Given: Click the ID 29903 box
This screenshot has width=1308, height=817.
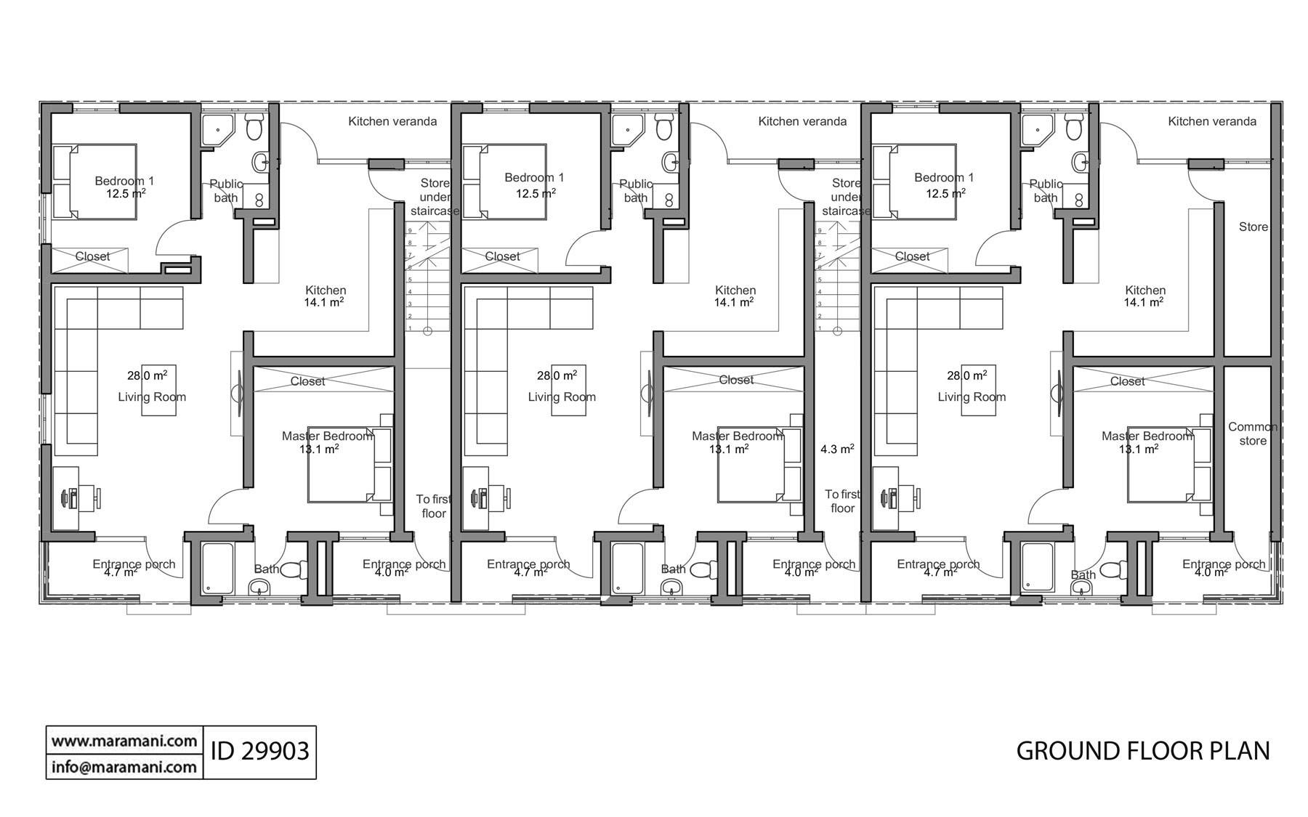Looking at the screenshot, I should (x=259, y=751).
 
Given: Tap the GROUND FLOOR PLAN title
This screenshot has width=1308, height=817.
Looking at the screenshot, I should (x=1142, y=751).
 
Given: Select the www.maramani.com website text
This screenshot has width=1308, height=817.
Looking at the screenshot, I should (x=124, y=741).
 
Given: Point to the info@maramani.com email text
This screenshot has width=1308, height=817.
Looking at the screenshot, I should (x=124, y=767).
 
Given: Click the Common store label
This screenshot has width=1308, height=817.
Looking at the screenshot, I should (x=1252, y=434).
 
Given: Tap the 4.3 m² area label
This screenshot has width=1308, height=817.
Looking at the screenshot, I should (x=836, y=450).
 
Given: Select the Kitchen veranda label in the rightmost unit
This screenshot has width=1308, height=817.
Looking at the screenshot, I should (x=1211, y=121).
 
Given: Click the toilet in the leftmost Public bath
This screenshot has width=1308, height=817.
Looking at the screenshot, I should (x=254, y=129).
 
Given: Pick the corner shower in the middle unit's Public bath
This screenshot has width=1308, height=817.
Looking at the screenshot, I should (x=626, y=129).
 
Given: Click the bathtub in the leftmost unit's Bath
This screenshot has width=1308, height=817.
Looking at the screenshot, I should (x=216, y=569).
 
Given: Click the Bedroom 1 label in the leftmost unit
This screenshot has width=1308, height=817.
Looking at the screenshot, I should (x=124, y=181).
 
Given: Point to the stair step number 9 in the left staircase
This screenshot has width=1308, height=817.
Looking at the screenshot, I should (x=410, y=230).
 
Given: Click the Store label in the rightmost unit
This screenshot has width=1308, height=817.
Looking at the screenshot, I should (x=1253, y=227).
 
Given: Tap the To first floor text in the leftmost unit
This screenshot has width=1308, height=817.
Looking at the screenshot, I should (x=433, y=506).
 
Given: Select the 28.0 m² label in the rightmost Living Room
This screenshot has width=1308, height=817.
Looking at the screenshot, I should (x=966, y=375).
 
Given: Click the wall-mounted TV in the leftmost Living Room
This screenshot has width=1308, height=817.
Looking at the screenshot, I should (x=240, y=393).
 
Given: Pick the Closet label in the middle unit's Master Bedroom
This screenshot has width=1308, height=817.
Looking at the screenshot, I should (x=735, y=380).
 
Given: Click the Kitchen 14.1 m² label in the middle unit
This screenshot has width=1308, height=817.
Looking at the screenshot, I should (x=735, y=296).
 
